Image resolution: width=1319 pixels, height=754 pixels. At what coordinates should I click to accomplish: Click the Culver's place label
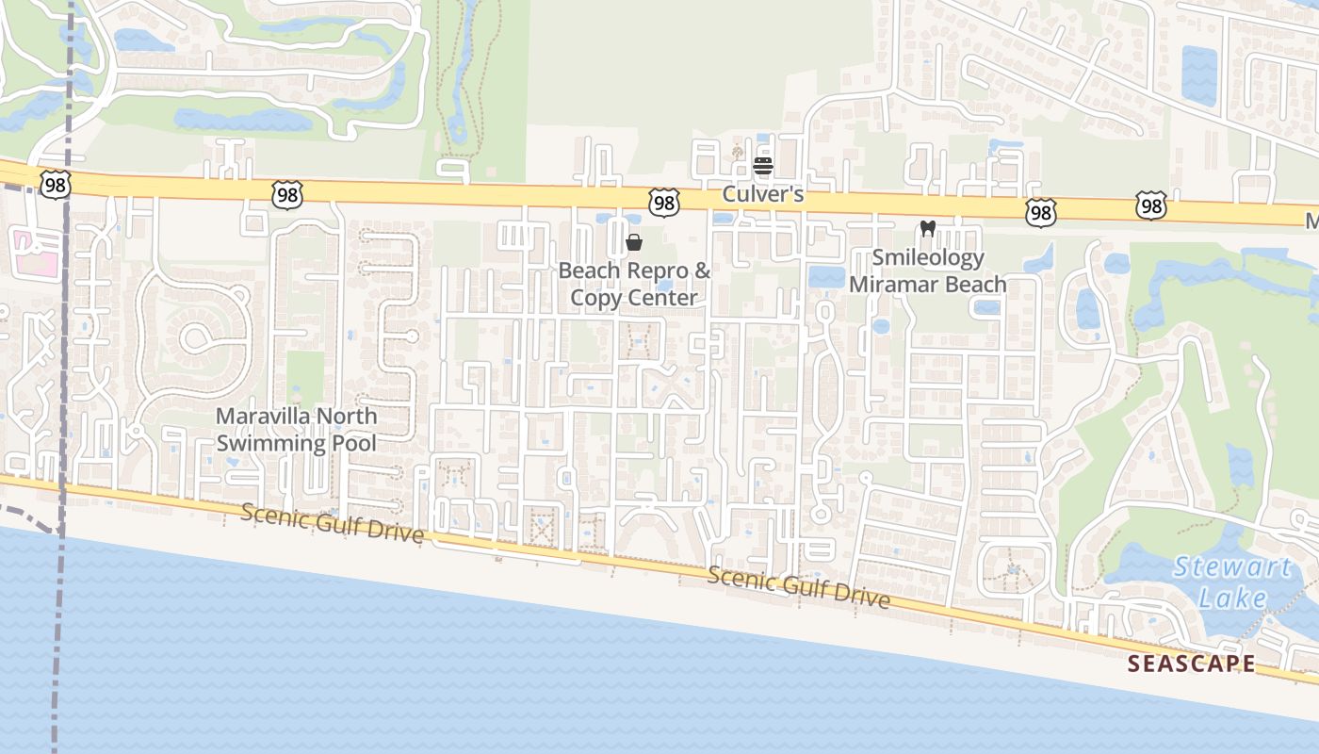[763, 194]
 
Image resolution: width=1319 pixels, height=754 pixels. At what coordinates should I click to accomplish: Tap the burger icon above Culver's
[763, 167]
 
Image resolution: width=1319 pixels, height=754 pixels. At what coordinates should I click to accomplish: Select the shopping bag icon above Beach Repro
[634, 242]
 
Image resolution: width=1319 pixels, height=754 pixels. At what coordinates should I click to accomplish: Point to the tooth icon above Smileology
[927, 228]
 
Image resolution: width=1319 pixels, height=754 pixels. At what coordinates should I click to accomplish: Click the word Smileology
[928, 257]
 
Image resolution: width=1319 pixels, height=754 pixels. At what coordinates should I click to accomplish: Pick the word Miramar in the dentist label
[892, 284]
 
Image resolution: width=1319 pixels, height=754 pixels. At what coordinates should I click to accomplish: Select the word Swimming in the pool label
[269, 443]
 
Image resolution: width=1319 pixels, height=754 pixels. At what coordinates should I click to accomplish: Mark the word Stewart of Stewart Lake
[1232, 567]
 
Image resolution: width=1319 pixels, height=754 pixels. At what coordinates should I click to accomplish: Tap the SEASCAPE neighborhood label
[1191, 664]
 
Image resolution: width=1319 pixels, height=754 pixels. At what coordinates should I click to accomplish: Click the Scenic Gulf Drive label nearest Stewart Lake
[798, 587]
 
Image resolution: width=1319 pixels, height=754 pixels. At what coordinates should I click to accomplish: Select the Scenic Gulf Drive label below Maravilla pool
[332, 523]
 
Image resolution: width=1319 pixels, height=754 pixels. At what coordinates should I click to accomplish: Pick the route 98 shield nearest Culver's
[663, 201]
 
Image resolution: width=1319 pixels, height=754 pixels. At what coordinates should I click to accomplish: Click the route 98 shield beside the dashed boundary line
[55, 184]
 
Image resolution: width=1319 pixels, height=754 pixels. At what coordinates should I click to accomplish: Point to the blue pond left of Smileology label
[826, 276]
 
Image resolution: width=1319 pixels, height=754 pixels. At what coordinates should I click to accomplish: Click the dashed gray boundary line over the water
[59, 641]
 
